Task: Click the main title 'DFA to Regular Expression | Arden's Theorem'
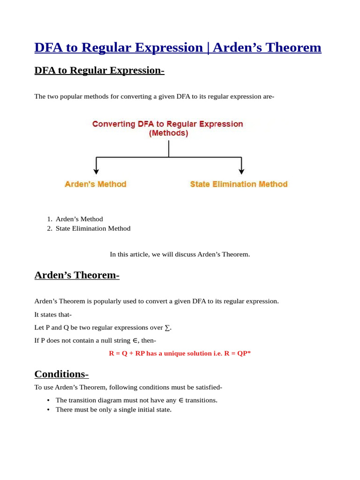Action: [178, 47]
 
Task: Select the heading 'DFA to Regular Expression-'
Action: [99, 70]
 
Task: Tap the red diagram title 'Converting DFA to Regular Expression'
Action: [168, 124]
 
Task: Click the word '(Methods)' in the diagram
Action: [168, 133]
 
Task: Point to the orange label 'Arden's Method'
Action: [96, 184]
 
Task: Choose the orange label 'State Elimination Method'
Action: [239, 184]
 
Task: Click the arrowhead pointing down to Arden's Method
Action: [96, 172]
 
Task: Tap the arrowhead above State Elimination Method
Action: [241, 172]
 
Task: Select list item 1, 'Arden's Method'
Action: [79, 219]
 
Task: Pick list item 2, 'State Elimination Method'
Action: [93, 228]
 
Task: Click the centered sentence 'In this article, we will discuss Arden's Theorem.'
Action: [180, 254]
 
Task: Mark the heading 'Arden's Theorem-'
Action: [77, 275]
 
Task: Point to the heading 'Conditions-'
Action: [61, 374]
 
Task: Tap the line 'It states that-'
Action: [53, 314]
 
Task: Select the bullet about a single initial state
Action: [113, 409]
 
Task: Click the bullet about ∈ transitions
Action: [136, 400]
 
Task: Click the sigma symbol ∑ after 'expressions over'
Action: [167, 327]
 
